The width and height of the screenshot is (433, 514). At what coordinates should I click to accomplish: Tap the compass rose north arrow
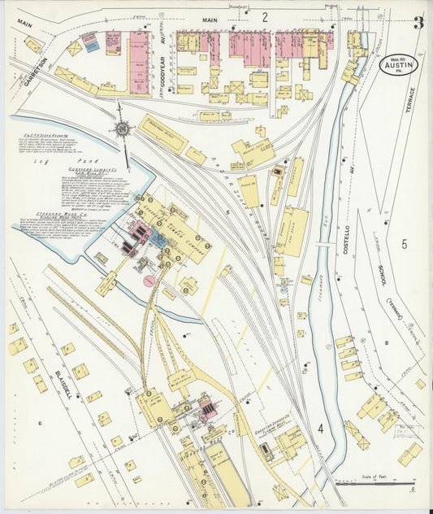coord(123,128)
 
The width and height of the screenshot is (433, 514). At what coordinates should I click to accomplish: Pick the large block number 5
coord(404,243)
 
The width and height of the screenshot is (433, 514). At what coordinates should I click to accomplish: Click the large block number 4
coord(322,428)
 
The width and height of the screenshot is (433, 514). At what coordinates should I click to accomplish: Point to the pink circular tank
coord(149,281)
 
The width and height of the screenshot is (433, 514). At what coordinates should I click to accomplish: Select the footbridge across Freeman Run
coord(323,244)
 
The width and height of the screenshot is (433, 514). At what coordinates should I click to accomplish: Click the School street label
coord(379,276)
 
